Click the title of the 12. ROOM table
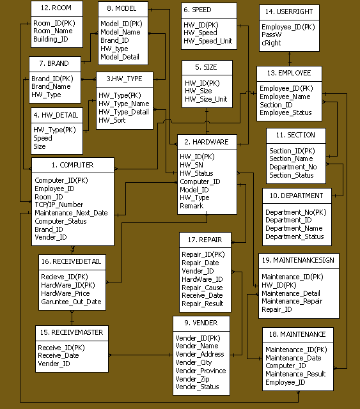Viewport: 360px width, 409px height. coord(56,8)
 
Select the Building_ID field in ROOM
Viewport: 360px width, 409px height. coord(51,39)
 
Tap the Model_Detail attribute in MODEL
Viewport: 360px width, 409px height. coord(120,57)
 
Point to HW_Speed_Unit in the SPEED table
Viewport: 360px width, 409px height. coord(208,41)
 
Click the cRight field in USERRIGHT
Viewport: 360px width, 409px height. coord(271,43)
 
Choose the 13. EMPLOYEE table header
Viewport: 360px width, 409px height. coord(289,73)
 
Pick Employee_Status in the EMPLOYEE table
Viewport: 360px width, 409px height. coord(286,112)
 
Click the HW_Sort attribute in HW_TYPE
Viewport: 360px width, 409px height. coord(112,120)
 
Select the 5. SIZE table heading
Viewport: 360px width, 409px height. coord(207,67)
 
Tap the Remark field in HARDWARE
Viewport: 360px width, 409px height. coord(192,206)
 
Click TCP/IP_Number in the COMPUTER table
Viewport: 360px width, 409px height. coord(59,204)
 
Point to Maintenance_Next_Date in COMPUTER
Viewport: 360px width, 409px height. coord(71,213)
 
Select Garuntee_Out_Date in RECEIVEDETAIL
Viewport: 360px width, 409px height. coord(71,302)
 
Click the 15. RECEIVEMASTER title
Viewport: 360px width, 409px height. coord(72,332)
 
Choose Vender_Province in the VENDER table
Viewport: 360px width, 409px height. coord(201,371)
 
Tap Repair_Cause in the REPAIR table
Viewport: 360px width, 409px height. coord(202,288)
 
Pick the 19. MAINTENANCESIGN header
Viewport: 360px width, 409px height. coord(298,260)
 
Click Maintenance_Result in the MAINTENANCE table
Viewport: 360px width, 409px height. coord(295,374)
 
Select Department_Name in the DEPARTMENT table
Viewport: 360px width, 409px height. coord(294,229)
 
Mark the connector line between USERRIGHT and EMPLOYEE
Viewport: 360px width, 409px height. coord(289,59)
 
